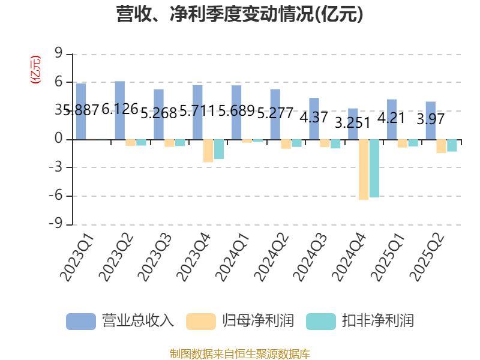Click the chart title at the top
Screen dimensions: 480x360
[239, 14]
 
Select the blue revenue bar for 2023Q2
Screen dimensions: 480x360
[119, 110]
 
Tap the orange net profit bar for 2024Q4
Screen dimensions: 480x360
[364, 170]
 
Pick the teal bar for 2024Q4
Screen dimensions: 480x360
[374, 169]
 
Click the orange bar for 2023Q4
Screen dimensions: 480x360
[208, 151]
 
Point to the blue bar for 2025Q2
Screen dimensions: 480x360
[431, 121]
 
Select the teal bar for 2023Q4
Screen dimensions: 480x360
[219, 149]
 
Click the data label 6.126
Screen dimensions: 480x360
[120, 109]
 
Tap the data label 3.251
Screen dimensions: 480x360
[353, 123]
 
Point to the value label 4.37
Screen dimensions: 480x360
[314, 117]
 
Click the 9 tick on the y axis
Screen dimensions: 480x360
[58, 53]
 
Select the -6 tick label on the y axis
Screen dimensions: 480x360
[55, 196]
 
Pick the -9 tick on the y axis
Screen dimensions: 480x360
[55, 224]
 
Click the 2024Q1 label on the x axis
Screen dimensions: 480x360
[232, 257]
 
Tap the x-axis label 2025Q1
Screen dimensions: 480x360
[387, 257]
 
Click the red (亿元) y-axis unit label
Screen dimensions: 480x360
[35, 70]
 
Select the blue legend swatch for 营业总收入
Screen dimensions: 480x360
[81, 322]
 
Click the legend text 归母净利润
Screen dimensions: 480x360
[258, 321]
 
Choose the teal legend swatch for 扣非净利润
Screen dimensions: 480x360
[321, 322]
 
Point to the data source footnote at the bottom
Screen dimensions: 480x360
[240, 354]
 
